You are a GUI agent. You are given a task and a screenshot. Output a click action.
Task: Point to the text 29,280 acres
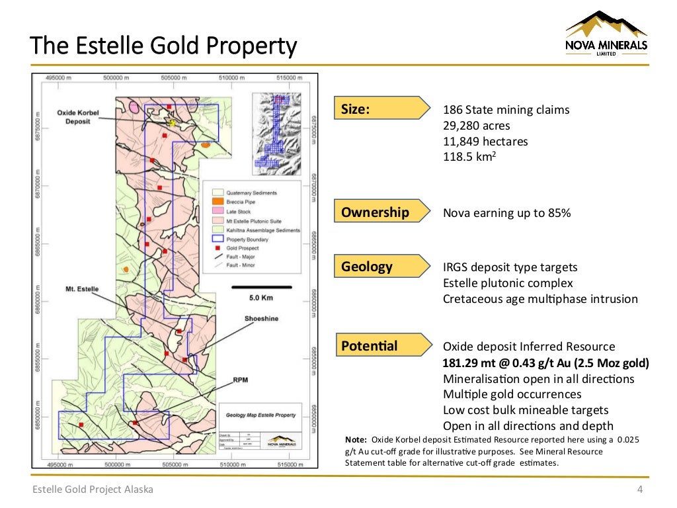coord(476,126)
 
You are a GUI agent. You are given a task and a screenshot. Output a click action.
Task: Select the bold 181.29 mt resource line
coord(545,362)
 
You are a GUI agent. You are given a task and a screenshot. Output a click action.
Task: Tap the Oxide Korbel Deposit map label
coord(78,117)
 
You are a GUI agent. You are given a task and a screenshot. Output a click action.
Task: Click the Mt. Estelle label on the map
coord(82,289)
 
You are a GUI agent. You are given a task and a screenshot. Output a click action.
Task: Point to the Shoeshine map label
coord(261,319)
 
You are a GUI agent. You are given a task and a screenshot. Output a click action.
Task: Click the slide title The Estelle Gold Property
coord(164,46)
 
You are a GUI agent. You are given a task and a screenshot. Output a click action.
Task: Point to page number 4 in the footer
coord(639,489)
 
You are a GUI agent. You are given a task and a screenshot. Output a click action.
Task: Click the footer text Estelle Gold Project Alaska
coord(94,489)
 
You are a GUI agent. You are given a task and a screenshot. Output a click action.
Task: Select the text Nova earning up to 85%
coord(506,213)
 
